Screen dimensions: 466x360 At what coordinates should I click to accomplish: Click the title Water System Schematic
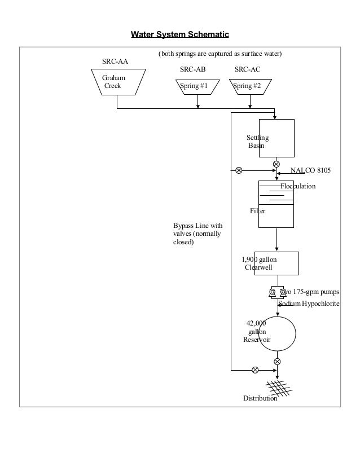(x=180, y=35)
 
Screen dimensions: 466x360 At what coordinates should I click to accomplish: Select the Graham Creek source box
(x=117, y=82)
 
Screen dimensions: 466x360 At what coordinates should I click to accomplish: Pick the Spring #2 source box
(x=248, y=86)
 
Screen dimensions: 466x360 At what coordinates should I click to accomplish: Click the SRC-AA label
(x=115, y=61)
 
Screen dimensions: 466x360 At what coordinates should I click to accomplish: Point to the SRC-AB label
(x=192, y=70)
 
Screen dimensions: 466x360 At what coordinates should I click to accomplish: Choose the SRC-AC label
(x=247, y=70)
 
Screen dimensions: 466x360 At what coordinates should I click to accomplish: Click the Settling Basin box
(x=276, y=138)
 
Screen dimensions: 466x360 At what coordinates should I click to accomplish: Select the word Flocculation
(x=298, y=186)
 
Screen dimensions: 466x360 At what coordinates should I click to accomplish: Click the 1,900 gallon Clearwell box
(x=276, y=263)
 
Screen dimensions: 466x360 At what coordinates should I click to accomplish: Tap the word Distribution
(x=260, y=398)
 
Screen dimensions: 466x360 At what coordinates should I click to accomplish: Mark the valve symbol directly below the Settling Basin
(x=276, y=165)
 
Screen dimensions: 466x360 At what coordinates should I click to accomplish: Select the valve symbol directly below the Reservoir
(x=277, y=361)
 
